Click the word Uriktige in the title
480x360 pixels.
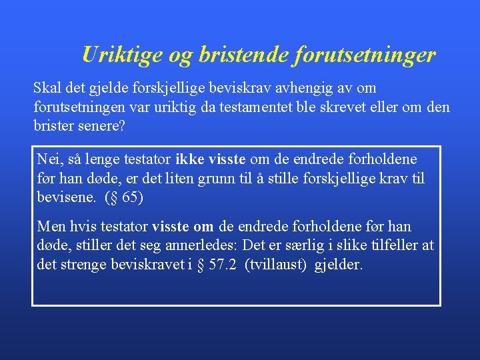(121, 55)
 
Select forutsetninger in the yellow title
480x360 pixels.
(365, 55)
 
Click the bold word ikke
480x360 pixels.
(190, 160)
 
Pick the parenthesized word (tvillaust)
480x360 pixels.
(273, 265)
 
